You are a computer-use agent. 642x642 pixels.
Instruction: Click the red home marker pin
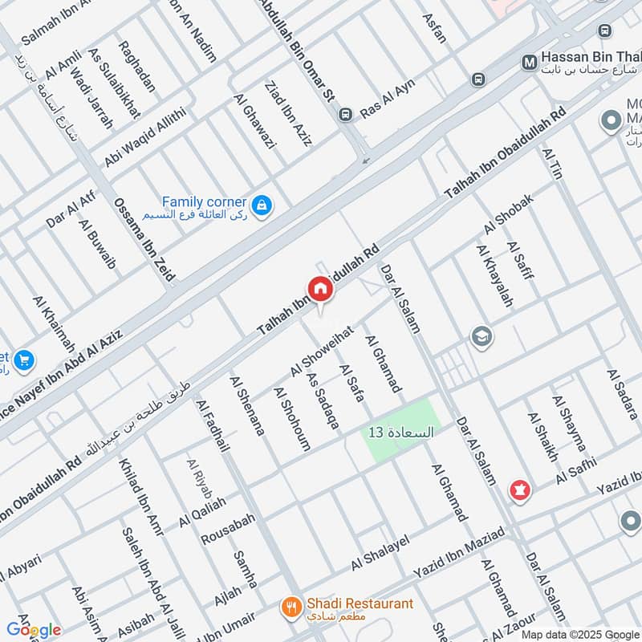tap(319, 290)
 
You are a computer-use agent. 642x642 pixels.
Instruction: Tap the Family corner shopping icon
tap(261, 206)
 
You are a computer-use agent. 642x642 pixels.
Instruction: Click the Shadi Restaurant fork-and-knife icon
tap(291, 607)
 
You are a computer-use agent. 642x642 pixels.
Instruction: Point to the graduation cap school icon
tap(482, 335)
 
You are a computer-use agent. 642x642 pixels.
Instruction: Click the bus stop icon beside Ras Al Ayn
tap(346, 114)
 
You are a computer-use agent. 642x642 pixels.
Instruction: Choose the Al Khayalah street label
tap(494, 276)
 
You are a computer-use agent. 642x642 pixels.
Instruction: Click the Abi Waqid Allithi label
tap(144, 137)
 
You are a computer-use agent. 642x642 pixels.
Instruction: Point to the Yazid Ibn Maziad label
tap(458, 552)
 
